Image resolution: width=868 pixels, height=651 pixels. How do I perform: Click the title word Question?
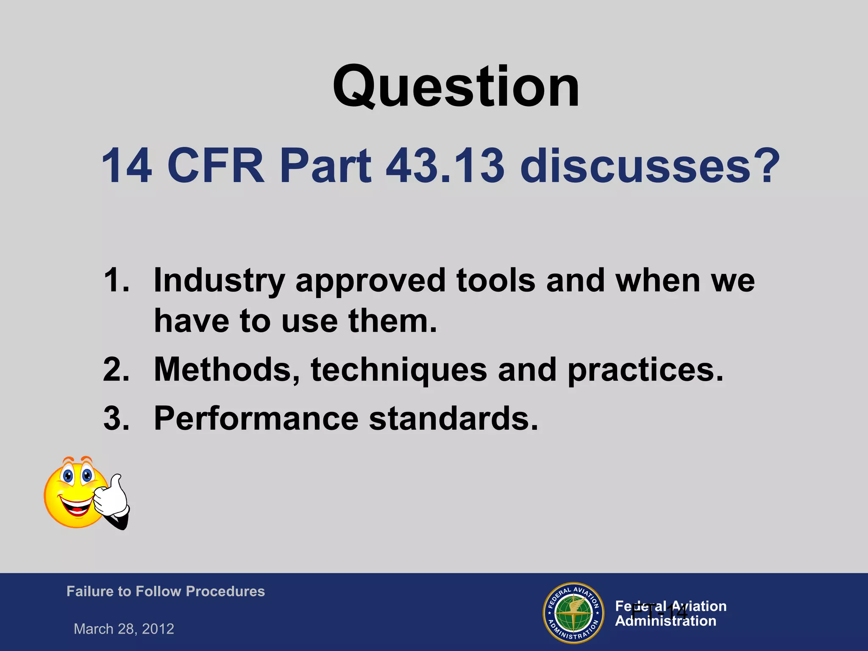tap(456, 87)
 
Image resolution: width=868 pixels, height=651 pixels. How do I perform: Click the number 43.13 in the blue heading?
tap(445, 166)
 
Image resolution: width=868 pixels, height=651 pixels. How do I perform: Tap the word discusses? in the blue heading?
tap(650, 166)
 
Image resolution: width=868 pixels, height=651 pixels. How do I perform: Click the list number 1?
tap(116, 280)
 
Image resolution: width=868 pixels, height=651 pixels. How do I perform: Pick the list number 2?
tap(116, 370)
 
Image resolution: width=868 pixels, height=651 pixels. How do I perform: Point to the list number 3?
tap(116, 419)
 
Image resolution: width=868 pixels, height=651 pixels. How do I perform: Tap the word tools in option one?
tap(495, 281)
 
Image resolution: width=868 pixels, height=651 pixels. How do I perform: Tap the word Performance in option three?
tap(256, 419)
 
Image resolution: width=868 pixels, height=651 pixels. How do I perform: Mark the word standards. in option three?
tap(453, 419)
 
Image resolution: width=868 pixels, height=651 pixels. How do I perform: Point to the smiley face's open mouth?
tap(76, 506)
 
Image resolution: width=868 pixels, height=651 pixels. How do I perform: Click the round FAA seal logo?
tap(573, 613)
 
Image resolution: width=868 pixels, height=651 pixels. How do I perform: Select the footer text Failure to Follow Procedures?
tap(165, 591)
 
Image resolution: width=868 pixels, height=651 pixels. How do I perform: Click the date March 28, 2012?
tap(124, 629)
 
